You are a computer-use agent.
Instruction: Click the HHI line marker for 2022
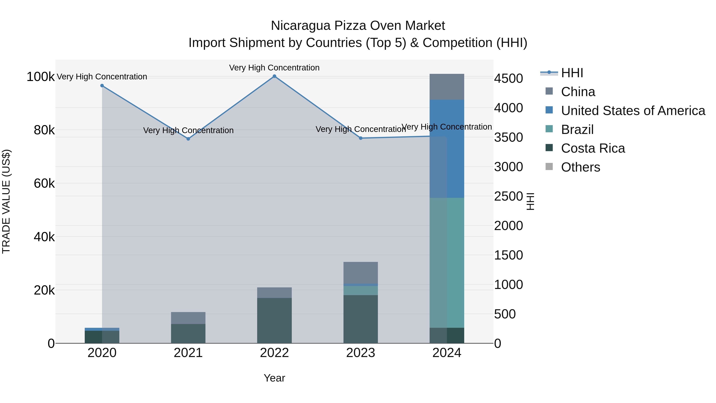274,76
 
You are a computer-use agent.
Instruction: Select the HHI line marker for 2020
102,86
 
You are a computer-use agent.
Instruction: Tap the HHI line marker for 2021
188,139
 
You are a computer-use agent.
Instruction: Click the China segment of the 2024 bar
447,87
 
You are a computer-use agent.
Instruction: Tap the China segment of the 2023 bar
361,273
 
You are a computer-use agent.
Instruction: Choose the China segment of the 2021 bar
188,318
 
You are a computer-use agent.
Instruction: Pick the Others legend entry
580,167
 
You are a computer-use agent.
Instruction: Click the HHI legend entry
572,73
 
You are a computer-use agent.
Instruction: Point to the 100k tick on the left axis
41,77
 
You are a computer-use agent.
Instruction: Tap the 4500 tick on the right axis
508,78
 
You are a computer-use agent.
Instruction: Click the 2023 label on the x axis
361,353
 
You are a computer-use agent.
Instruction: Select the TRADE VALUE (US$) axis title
6,201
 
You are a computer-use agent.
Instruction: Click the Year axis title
274,378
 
